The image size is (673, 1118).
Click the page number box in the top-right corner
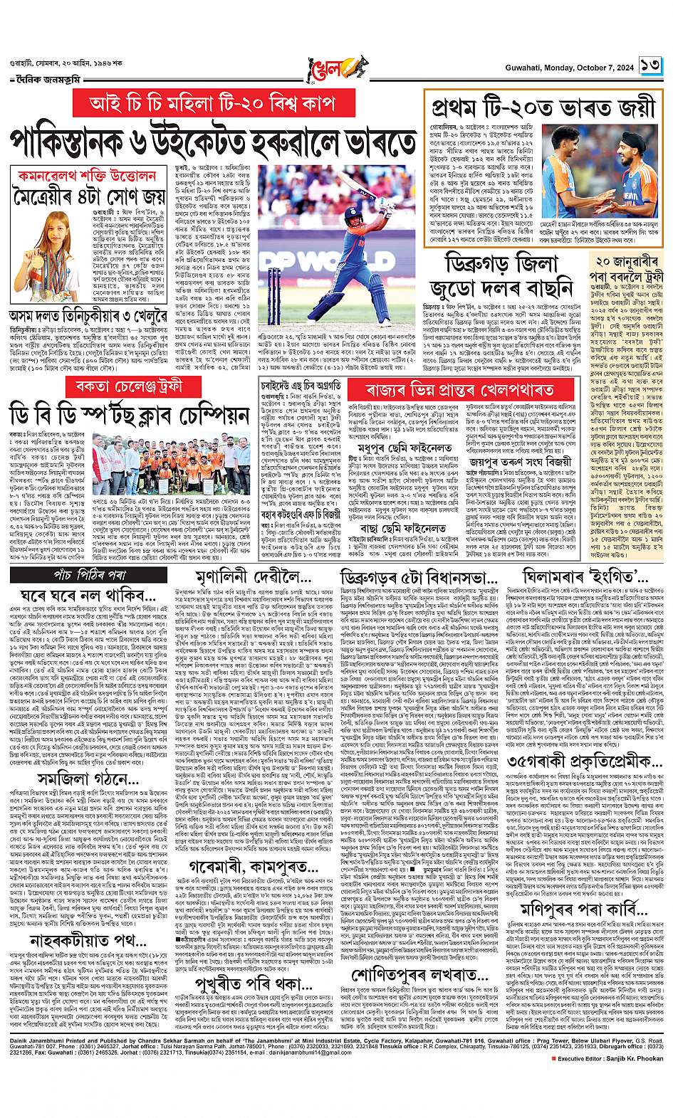click(x=650, y=65)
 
